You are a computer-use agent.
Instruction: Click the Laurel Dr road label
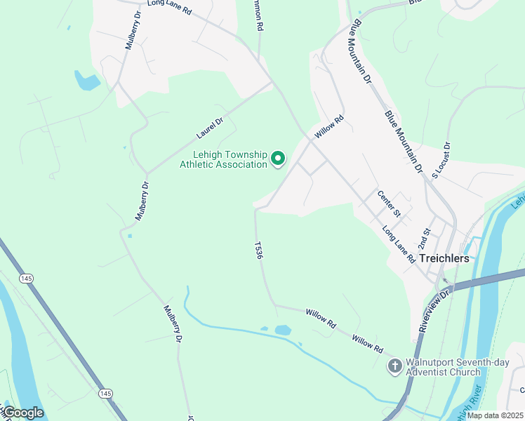click(x=209, y=127)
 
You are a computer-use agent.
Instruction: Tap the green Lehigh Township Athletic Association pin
click(x=278, y=159)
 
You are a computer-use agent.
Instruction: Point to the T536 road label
click(x=258, y=252)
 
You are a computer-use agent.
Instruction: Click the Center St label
click(x=388, y=203)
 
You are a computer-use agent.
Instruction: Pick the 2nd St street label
click(x=423, y=239)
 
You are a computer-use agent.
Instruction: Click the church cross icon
click(x=394, y=366)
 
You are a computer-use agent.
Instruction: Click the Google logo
click(x=22, y=413)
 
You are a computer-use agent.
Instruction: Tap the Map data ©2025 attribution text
click(x=495, y=415)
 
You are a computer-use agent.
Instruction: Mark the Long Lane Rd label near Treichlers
click(x=399, y=244)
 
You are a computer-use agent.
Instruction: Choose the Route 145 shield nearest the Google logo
click(x=105, y=394)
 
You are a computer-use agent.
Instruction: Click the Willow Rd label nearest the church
click(x=367, y=344)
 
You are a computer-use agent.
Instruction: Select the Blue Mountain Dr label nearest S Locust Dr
click(x=404, y=141)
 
